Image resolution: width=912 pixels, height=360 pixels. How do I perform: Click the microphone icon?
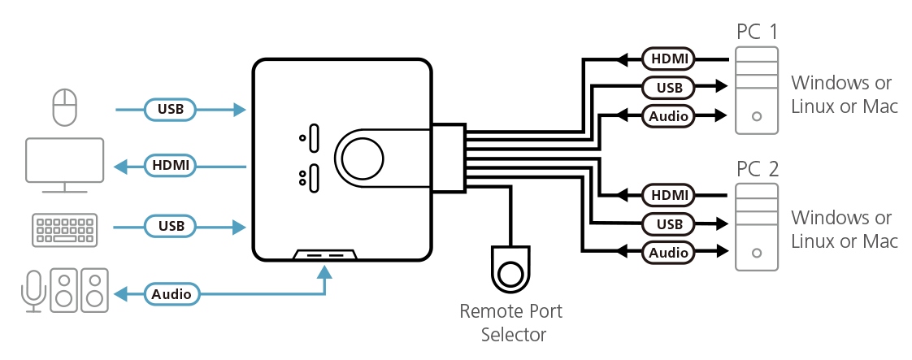pyautogui.click(x=33, y=290)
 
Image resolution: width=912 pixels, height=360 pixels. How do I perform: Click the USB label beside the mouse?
pyautogui.click(x=171, y=108)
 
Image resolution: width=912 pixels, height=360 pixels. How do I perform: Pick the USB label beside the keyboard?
pyautogui.click(x=171, y=225)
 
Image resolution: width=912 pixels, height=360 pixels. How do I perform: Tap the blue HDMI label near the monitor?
pyautogui.click(x=171, y=166)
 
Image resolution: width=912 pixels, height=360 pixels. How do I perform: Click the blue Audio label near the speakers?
pyautogui.click(x=172, y=293)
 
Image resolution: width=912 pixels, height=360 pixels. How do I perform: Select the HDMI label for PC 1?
pyautogui.click(x=668, y=59)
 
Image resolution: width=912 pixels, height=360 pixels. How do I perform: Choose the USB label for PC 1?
pyautogui.click(x=668, y=86)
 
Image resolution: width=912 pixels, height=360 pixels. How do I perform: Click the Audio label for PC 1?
pyautogui.click(x=668, y=115)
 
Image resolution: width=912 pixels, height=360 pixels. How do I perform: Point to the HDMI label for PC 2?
pyautogui.click(x=668, y=195)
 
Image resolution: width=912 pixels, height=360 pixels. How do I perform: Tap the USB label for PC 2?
pyautogui.click(x=668, y=223)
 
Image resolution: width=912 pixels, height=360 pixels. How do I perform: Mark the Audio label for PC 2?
pyautogui.click(x=668, y=253)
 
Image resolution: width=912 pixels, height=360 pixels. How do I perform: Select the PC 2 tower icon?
pyautogui.click(x=757, y=227)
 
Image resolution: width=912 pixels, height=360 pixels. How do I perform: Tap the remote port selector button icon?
pyautogui.click(x=510, y=271)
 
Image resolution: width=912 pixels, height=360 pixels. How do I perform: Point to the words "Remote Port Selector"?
pyautogui.click(x=510, y=323)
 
